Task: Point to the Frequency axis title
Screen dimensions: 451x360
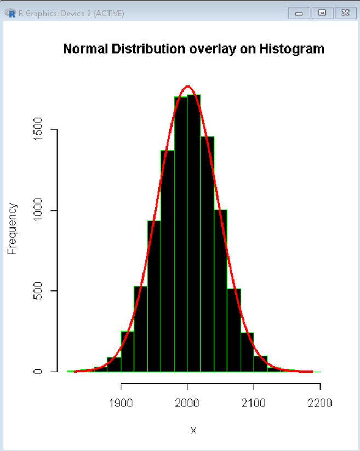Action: (12, 229)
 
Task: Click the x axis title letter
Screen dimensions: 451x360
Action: (193, 430)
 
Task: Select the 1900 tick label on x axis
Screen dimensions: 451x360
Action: (121, 404)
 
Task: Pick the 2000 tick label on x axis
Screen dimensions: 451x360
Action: (187, 404)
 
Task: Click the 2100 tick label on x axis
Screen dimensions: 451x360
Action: (254, 404)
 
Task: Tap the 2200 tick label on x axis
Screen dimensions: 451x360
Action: (320, 404)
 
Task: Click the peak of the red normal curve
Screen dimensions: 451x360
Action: (188, 87)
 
